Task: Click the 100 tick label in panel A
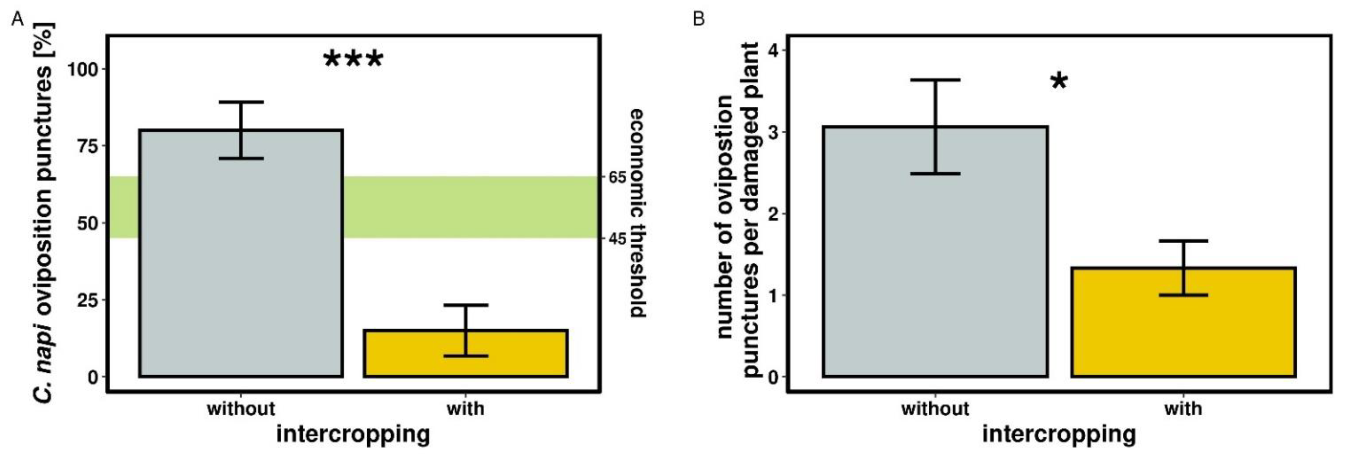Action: [82, 69]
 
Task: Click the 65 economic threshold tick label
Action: [617, 177]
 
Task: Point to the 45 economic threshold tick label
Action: [617, 239]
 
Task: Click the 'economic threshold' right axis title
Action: [637, 213]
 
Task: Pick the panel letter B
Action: [698, 20]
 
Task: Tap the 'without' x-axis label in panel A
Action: [241, 408]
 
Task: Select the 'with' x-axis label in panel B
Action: [1183, 408]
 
